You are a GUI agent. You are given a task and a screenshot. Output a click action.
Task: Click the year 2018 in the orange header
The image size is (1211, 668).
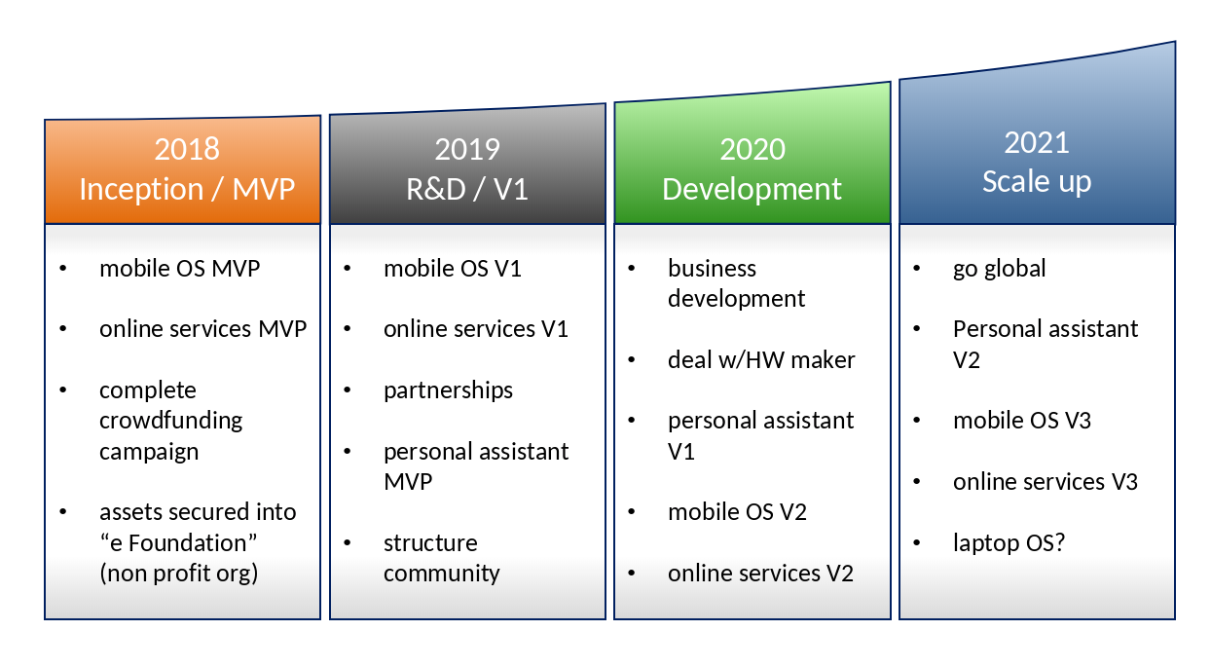(187, 149)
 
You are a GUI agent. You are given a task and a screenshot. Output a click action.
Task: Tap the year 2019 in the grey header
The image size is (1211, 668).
(467, 149)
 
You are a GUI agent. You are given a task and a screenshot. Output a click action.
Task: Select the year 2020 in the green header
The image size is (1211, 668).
(752, 149)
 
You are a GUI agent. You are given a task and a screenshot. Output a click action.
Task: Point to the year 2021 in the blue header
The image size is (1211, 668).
(1037, 143)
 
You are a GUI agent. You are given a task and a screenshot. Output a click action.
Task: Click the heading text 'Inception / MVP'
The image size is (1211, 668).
(187, 189)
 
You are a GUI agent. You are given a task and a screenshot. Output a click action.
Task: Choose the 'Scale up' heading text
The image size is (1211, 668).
(1037, 182)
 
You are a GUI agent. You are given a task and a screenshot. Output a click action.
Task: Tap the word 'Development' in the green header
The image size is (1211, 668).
(752, 189)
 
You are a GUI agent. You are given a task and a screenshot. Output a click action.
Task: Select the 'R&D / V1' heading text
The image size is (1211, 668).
(467, 189)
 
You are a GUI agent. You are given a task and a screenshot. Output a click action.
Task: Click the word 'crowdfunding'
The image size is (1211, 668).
(170, 422)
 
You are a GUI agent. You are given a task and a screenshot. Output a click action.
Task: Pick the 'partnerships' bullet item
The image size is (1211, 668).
(448, 390)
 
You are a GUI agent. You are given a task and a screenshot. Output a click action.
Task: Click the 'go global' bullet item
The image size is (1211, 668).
(999, 270)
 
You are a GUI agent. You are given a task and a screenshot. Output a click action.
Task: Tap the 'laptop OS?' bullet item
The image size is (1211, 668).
(1009, 543)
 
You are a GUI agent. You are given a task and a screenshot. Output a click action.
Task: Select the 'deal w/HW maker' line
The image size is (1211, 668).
(761, 360)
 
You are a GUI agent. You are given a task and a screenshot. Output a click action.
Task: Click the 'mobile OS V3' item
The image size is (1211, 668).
(1022, 421)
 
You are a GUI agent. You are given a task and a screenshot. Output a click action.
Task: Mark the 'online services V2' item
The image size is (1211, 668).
(760, 574)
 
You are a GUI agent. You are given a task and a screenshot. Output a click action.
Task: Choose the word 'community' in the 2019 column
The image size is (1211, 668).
(442, 574)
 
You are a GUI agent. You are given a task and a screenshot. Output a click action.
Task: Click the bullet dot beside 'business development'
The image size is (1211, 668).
(631, 269)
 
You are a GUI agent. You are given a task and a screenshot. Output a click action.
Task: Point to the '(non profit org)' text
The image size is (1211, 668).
(178, 574)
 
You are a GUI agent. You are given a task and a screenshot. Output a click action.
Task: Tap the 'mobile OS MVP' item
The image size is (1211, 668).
(179, 269)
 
